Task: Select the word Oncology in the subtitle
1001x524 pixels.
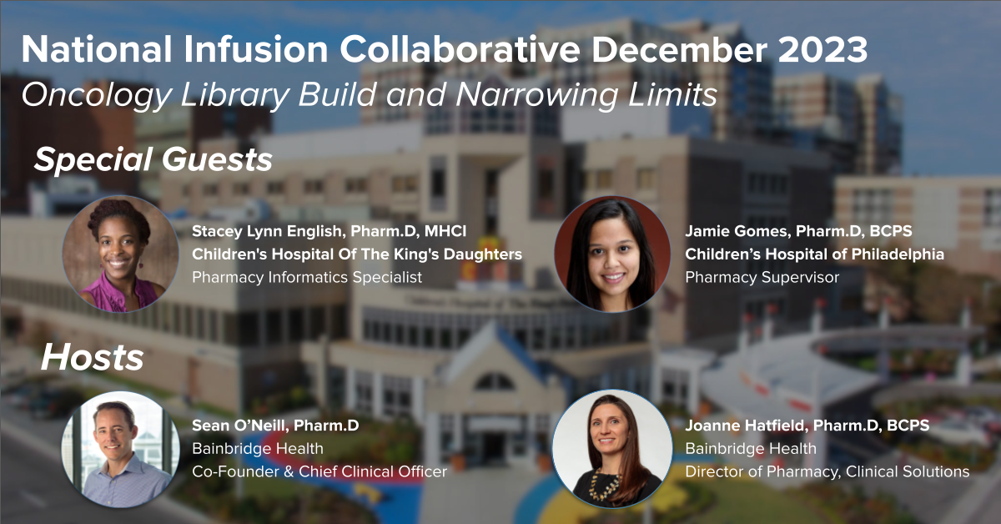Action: tap(97, 96)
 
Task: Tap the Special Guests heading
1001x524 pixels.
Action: tap(153, 160)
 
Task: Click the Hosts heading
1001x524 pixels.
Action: tap(93, 358)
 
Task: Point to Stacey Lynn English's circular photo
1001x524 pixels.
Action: tap(120, 254)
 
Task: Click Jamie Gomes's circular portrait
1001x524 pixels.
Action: tap(612, 254)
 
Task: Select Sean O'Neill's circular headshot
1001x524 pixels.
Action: tap(120, 449)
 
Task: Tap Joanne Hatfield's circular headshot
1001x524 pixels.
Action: tap(612, 449)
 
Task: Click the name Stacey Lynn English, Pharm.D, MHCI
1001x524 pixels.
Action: tap(329, 231)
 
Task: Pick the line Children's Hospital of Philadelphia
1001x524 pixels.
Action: tap(815, 254)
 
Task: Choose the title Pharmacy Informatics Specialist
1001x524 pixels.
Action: tap(307, 278)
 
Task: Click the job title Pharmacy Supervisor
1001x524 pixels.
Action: tap(762, 278)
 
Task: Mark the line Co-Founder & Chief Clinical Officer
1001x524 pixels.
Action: tap(319, 471)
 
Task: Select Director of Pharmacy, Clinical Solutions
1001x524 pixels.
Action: tap(827, 471)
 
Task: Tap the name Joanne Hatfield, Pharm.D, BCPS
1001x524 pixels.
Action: tap(807, 426)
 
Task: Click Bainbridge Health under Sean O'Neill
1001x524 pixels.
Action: tap(258, 448)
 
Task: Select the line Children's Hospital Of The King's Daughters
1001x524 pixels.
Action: tap(357, 254)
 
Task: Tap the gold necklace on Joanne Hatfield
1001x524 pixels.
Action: tap(605, 484)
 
